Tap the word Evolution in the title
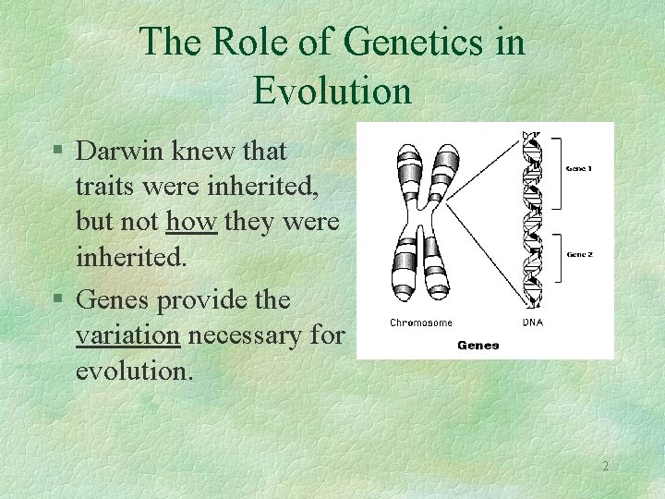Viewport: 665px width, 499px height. pyautogui.click(x=332, y=91)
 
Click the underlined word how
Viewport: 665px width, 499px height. pyautogui.click(x=192, y=225)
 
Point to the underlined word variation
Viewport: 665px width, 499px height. pyautogui.click(x=127, y=335)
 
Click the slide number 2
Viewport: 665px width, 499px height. pyautogui.click(x=605, y=467)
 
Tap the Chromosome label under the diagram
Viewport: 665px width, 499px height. pyautogui.click(x=420, y=323)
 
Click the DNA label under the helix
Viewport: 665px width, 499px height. pyautogui.click(x=533, y=323)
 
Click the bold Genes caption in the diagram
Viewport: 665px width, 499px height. pyautogui.click(x=478, y=345)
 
